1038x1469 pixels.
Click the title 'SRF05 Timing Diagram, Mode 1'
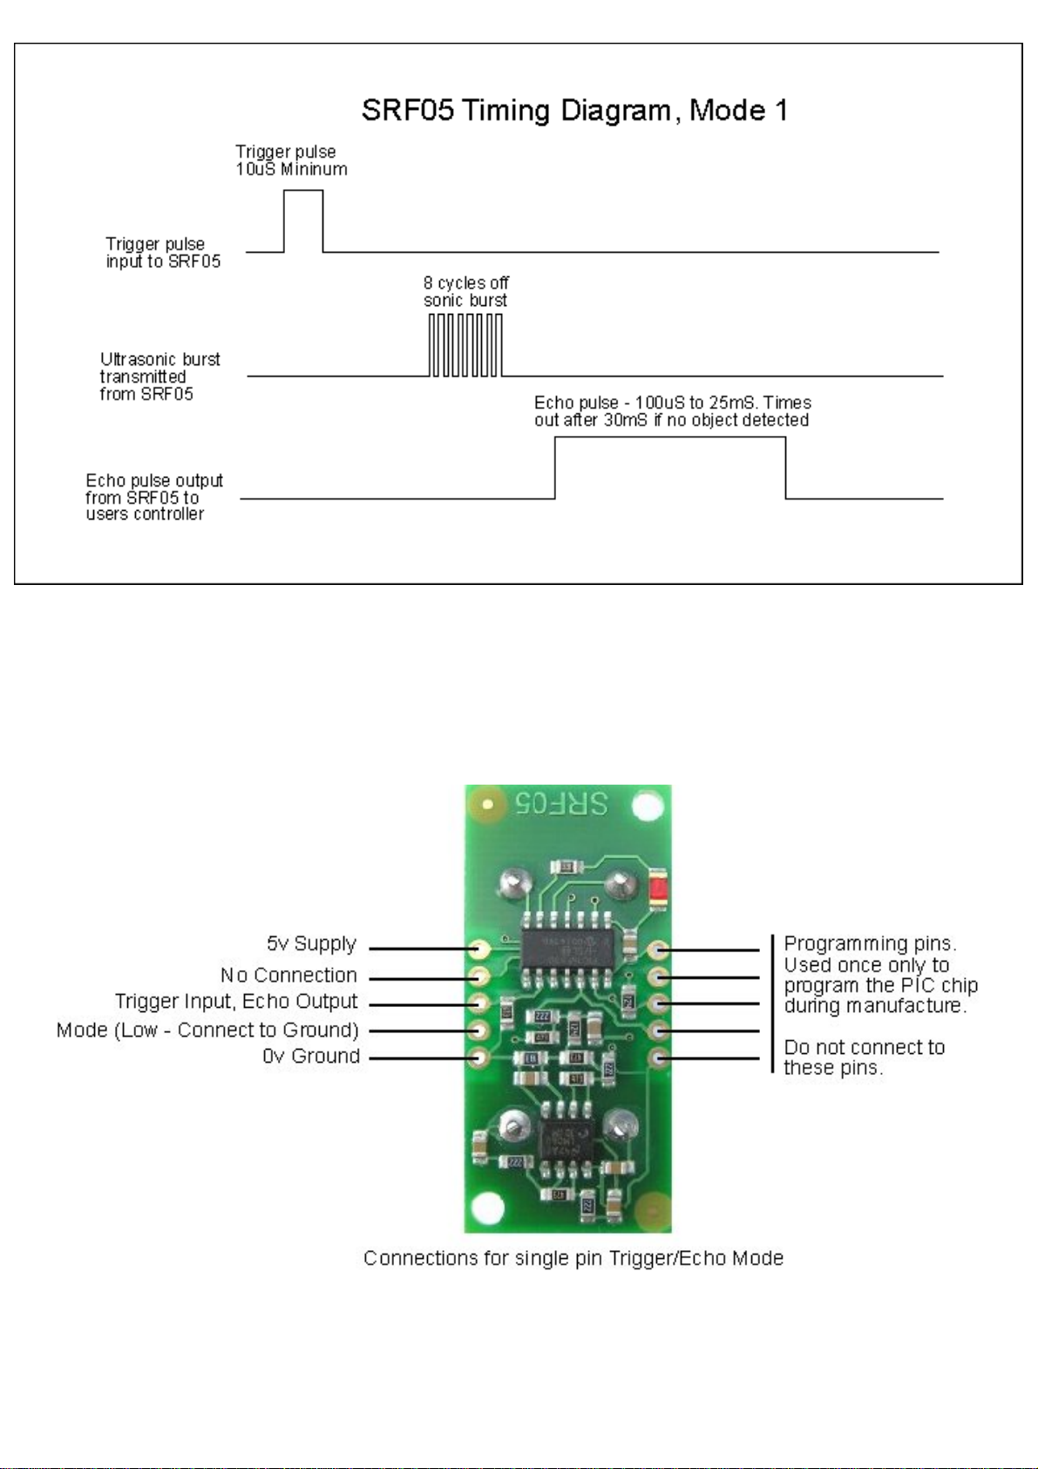point(574,111)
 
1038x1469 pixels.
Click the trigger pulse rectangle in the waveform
point(303,221)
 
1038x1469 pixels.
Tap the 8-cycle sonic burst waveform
point(465,345)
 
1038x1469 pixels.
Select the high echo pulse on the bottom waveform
point(670,466)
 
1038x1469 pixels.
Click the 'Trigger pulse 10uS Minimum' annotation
point(291,160)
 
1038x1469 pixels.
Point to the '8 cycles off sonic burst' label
point(466,291)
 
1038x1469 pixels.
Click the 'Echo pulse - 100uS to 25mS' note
point(672,411)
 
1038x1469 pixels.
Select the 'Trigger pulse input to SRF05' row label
point(163,253)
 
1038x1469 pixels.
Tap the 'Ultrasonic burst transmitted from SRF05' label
point(159,377)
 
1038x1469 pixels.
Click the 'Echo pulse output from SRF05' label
point(153,497)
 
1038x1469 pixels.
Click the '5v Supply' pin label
point(311,944)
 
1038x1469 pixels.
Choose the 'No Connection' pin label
point(288,975)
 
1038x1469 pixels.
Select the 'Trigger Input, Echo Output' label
point(236,1002)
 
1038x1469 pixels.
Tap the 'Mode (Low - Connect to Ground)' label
point(207,1030)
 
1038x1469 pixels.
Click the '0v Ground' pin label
point(311,1057)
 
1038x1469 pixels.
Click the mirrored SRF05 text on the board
point(560,803)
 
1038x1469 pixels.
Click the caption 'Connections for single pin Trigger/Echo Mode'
point(573,1258)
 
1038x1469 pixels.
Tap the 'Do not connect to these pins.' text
point(864,1057)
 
